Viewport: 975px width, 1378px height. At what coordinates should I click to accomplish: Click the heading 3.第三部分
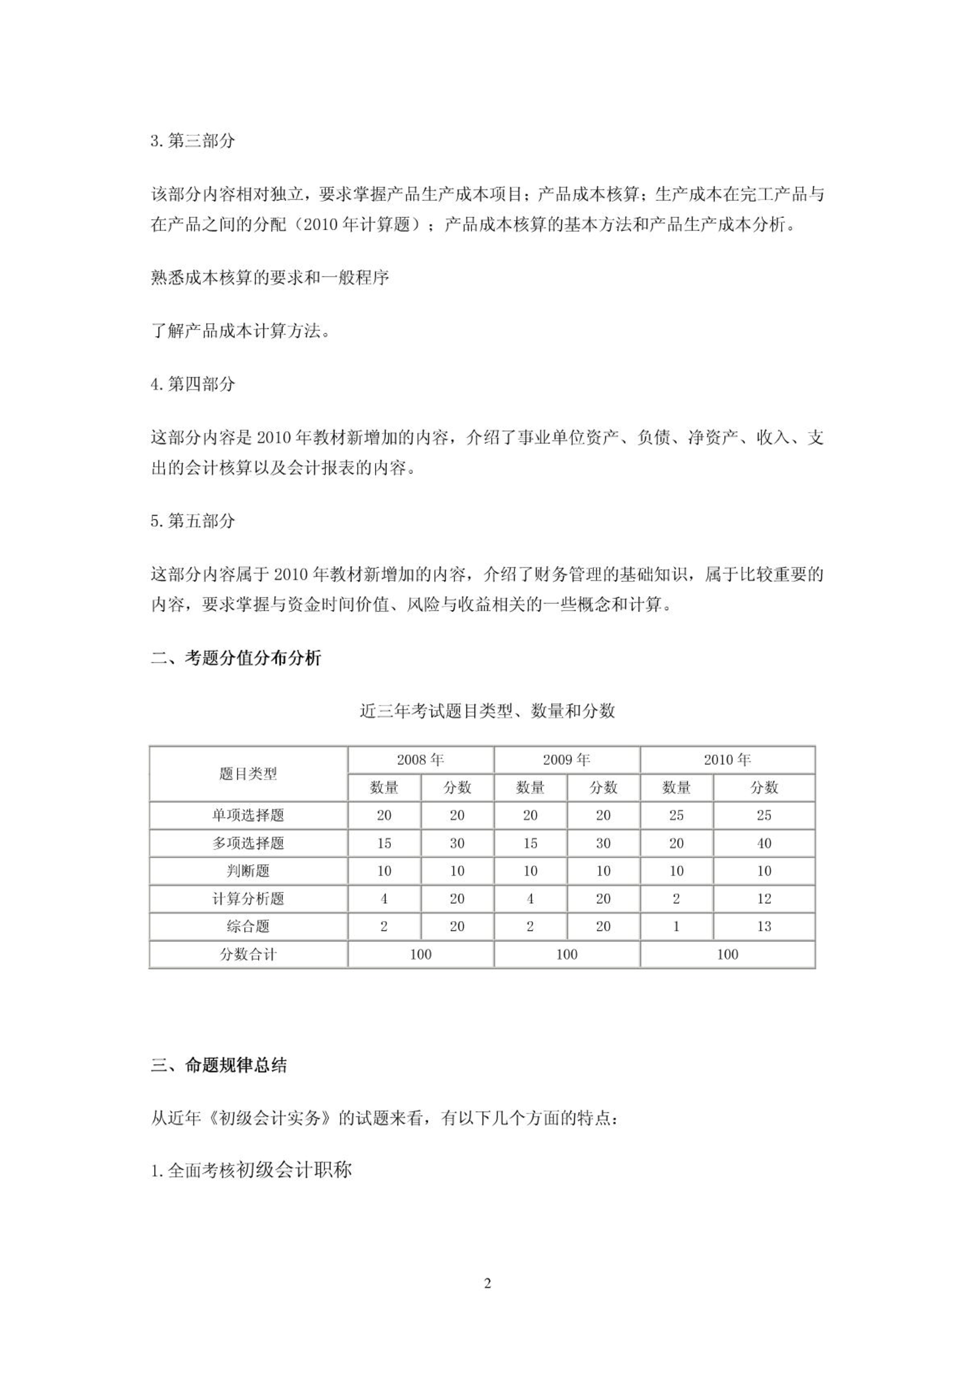193,141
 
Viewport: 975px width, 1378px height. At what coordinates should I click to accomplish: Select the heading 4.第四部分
193,384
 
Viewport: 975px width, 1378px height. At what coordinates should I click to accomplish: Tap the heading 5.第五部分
193,521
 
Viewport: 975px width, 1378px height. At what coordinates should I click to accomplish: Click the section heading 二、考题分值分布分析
236,658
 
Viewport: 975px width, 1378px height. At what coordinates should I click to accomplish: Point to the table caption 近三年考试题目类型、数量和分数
487,711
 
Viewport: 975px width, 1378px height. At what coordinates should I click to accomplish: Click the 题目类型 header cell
248,774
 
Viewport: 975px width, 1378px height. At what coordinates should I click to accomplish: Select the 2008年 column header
420,760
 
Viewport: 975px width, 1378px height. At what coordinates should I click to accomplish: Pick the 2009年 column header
566,760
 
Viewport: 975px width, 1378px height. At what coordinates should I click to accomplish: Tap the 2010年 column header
727,760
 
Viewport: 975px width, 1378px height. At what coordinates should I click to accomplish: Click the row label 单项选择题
248,815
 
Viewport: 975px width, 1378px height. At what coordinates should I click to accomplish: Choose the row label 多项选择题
248,843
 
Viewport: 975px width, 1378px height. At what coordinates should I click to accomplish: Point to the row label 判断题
248,871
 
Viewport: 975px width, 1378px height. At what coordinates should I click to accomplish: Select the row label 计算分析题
248,899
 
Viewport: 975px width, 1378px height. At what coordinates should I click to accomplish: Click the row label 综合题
248,926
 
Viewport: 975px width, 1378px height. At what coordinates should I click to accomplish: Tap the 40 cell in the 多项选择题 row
764,843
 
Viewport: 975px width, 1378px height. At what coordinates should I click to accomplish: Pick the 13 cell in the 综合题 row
764,926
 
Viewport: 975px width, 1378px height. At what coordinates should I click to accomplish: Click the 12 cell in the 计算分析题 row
764,899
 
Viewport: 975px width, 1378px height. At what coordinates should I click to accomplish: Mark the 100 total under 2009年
566,955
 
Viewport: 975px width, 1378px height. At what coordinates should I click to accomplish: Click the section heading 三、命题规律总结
219,1065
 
